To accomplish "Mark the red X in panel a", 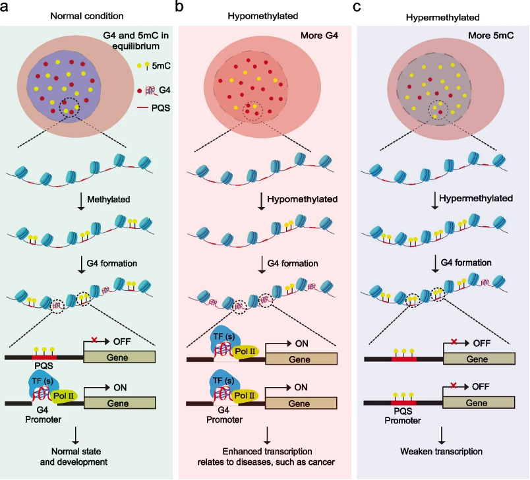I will click(x=94, y=340).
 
